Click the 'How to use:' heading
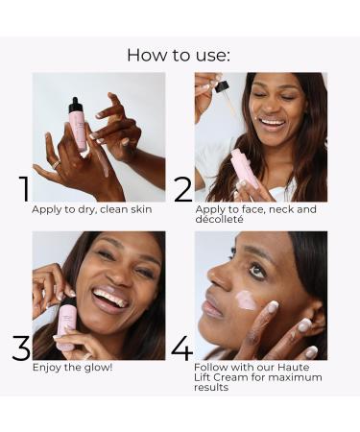pos(179,55)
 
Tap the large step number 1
pos(24,189)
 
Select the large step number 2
pos(183,189)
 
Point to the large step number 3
pos(22,348)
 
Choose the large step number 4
pos(182,348)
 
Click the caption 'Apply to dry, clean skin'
pos(92,209)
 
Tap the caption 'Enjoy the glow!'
pos(73,367)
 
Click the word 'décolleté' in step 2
pos(220,219)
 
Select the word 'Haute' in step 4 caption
pos(294,367)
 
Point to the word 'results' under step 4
pos(211,387)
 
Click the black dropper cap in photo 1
pos(75,105)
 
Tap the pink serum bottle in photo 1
pos(78,125)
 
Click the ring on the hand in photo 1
pos(56,165)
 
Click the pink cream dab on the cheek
pos(247,300)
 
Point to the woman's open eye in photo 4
pos(257,271)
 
